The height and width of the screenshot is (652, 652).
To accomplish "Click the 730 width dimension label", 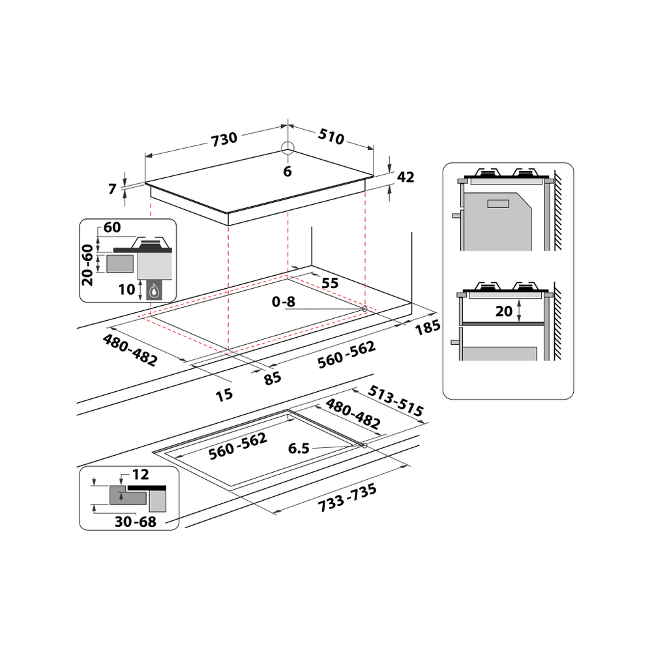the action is pos(224,140).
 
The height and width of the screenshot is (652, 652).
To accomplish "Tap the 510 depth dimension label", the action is pos(331,136).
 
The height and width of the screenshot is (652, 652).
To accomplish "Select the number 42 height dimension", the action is pos(406,177).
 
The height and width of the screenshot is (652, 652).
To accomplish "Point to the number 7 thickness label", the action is pos(112,189).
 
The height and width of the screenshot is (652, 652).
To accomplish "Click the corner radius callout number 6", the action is pos(288,171).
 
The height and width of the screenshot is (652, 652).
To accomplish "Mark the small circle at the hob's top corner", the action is pos(288,147).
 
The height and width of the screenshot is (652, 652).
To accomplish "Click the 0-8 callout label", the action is pos(283,301).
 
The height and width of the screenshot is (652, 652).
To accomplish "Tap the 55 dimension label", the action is pos(330,283).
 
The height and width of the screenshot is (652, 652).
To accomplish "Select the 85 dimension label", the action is pos(273,378).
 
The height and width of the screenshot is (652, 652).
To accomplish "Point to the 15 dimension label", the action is pos(224,394).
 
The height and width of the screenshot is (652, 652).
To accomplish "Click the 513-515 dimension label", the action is pos(396,400).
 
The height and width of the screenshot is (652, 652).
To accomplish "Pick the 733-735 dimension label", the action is pos(348,497).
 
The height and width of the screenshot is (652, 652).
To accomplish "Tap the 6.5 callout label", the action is pos(299,449).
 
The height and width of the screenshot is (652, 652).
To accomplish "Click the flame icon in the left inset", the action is pos(155,290).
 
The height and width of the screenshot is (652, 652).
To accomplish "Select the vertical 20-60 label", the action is pos(87,265).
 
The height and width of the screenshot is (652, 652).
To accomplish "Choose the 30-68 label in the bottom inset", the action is pos(136,522).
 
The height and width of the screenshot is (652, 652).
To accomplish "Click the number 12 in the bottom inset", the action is pos(140,475).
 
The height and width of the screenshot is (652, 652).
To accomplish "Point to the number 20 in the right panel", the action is pos(503,311).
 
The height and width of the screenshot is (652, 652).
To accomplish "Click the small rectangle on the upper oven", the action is pos(498,203).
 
